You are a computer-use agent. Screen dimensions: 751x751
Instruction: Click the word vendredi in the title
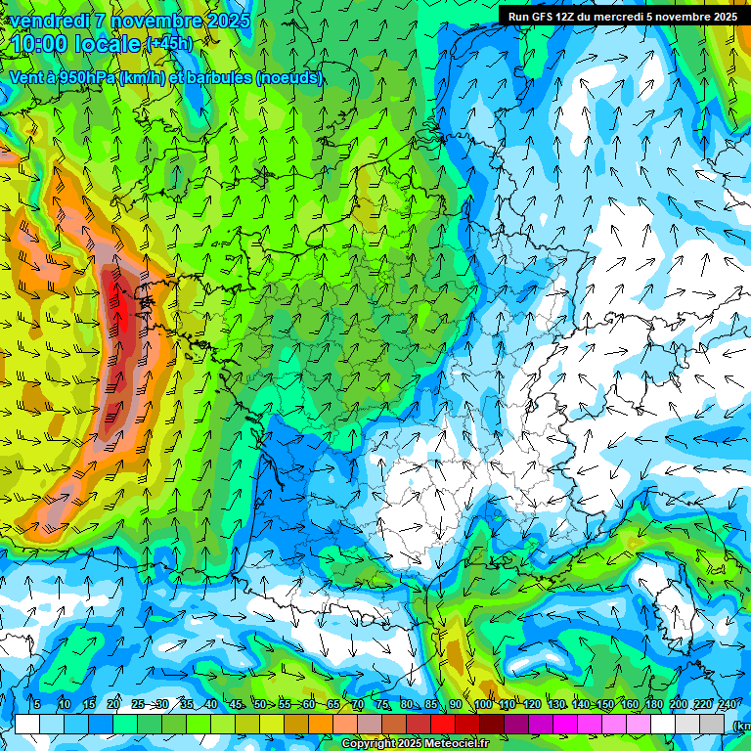coord(51,21)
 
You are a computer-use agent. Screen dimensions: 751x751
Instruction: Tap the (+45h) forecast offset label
coord(169,44)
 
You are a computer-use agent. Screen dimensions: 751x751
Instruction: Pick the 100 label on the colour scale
coord(482,705)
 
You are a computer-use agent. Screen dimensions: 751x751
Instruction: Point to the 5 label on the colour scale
coord(36,705)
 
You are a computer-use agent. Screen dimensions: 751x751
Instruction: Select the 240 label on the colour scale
coord(727,705)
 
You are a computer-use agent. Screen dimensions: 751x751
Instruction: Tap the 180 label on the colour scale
coord(653,705)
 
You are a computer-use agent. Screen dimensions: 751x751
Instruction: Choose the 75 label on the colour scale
coord(382,705)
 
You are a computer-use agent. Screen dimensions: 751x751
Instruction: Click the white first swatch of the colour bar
coord(27,724)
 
